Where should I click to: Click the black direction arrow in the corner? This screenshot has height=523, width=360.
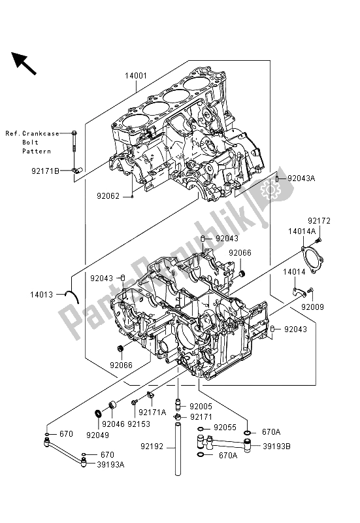pos(24,63)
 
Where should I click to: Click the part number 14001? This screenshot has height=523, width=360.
pos(136,76)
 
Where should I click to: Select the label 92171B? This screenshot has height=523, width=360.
pos(45,171)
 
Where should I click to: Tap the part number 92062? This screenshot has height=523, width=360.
pos(108,196)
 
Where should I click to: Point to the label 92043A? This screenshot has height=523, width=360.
pos(301,178)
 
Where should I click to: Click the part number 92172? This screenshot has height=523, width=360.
pos(319,221)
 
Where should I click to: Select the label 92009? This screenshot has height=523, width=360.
pos(313,307)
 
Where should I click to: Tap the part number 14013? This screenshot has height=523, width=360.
pos(41,295)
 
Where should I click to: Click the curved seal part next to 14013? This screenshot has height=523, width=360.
pos(74,296)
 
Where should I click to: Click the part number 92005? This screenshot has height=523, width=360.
pos(201,406)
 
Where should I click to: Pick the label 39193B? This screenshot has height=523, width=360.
pos(276,447)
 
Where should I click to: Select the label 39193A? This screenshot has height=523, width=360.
pos(110,464)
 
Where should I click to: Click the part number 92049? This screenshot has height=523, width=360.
pos(97,435)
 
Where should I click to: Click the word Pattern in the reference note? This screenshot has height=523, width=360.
pos(37,151)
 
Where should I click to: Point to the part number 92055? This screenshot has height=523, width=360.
pos(225,428)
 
